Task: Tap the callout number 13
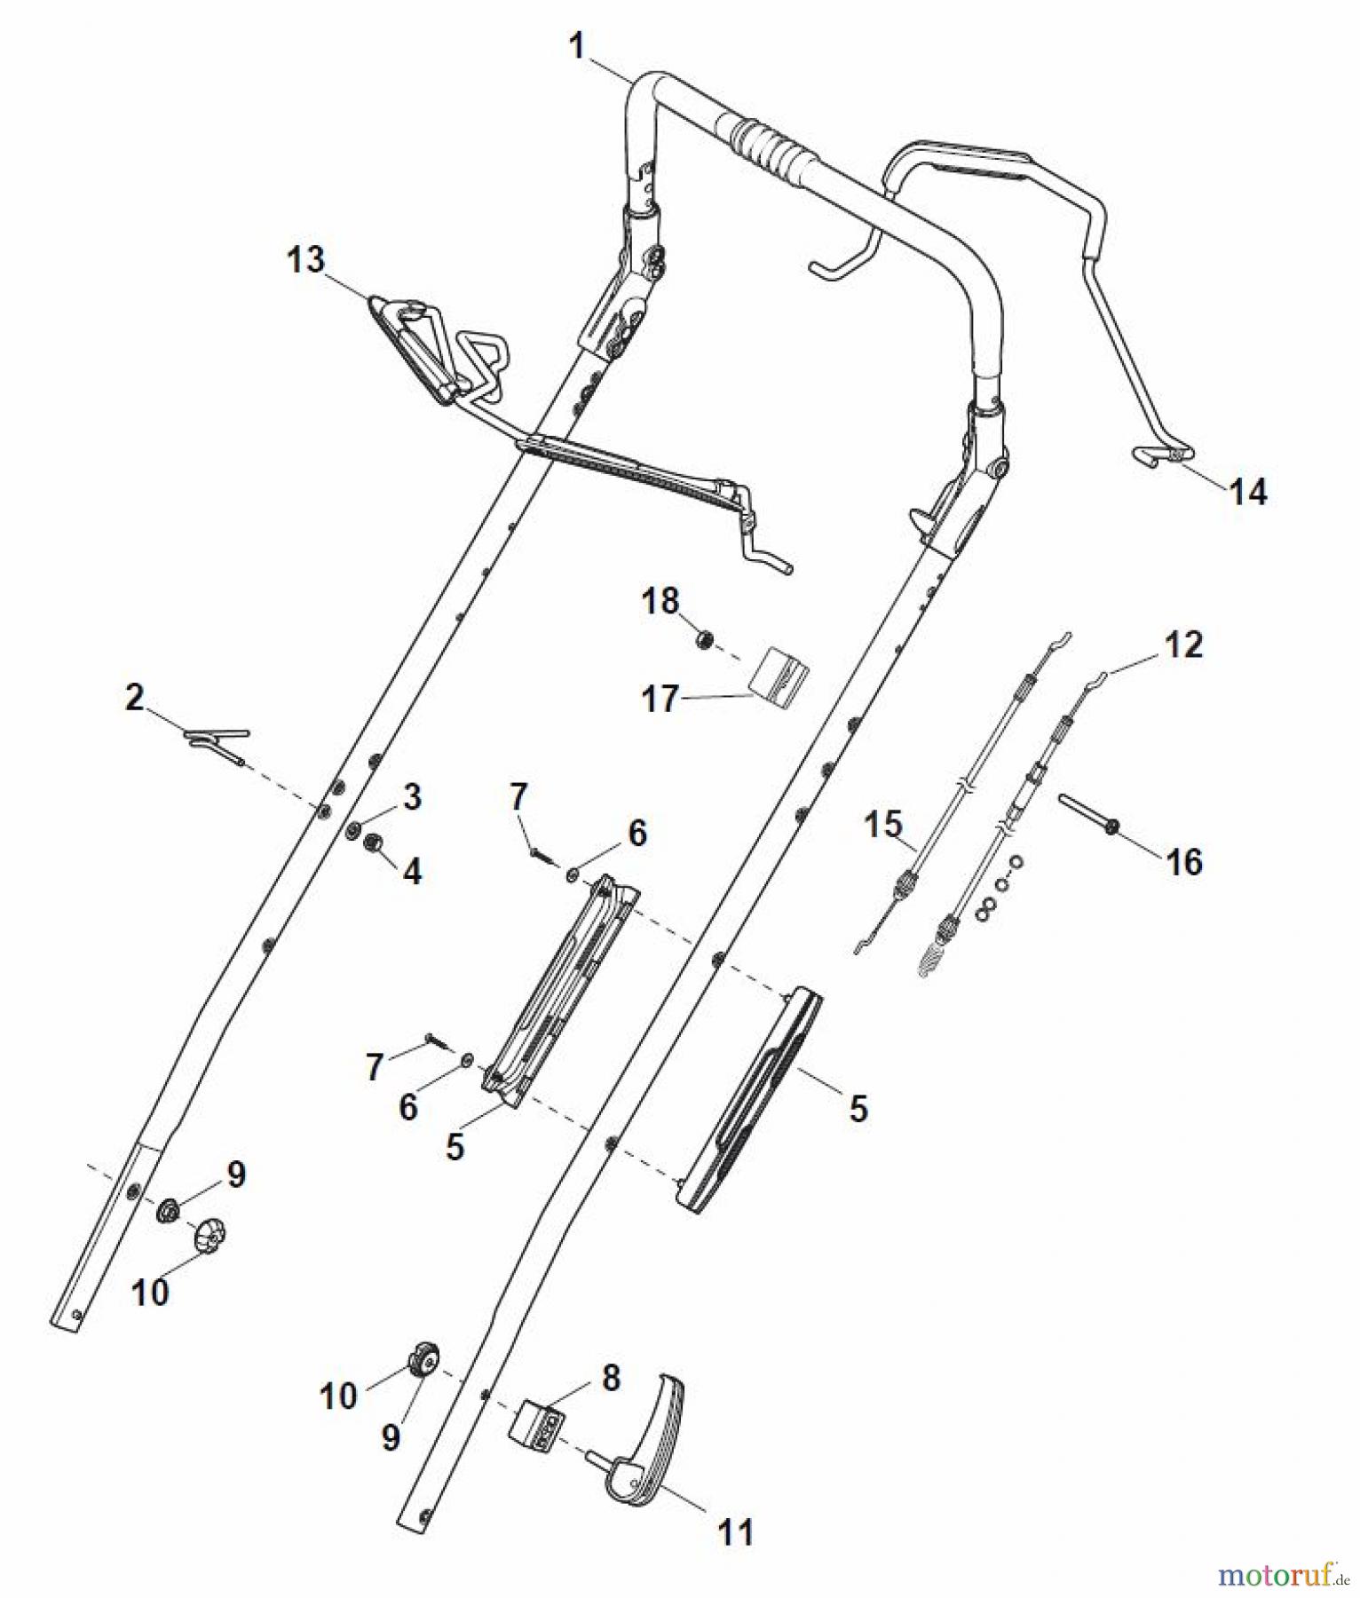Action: [x=305, y=260]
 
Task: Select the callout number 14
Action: [x=1247, y=491]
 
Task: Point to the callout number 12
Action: [x=1183, y=645]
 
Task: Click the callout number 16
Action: [x=1184, y=861]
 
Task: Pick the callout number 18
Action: [x=660, y=601]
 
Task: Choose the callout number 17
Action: [x=660, y=699]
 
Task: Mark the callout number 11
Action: [x=735, y=1531]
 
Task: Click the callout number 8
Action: [x=611, y=1378]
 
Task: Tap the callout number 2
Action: [x=134, y=698]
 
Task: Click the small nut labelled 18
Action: [x=705, y=639]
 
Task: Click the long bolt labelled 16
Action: [x=1087, y=814]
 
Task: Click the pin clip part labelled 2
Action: [x=217, y=740]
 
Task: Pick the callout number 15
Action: [x=882, y=824]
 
